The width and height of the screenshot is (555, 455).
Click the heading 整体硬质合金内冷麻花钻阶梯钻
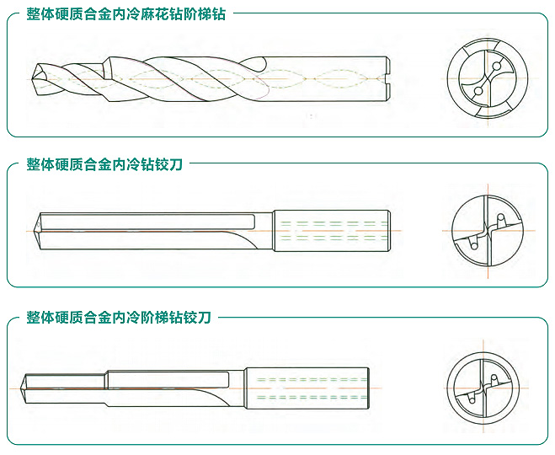click(126, 14)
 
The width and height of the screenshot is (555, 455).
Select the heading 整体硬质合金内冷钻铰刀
click(104, 164)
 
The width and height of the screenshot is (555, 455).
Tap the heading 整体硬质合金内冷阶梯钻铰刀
click(119, 318)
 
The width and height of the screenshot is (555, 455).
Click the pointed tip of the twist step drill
click(31, 79)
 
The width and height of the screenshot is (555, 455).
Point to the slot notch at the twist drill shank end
click(388, 79)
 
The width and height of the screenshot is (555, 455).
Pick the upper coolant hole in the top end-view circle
click(497, 66)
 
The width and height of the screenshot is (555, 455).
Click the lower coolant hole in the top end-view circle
click(478, 91)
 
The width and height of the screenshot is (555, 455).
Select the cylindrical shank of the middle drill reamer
click(332, 231)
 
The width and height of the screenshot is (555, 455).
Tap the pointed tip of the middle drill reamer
click(35, 231)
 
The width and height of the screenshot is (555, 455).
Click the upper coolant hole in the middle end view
click(500, 217)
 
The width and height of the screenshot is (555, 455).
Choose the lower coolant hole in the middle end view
click(473, 245)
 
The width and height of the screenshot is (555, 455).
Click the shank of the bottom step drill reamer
click(307, 388)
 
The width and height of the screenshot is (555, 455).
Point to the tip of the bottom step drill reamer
click(22, 388)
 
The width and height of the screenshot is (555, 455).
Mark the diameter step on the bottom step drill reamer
click(106, 380)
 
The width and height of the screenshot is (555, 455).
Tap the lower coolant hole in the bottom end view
click(472, 399)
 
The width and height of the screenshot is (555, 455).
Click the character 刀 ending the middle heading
click(175, 164)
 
